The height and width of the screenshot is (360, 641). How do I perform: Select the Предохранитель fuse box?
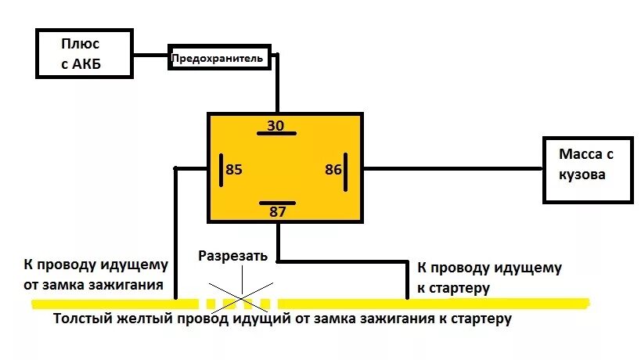(x=220, y=58)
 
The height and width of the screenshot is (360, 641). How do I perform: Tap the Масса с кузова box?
(x=588, y=169)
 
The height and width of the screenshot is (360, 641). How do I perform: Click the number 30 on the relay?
(x=276, y=124)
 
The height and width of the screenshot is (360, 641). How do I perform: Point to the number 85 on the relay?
(x=234, y=169)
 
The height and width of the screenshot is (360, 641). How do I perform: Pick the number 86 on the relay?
(x=333, y=169)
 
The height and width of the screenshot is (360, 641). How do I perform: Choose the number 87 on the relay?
(x=278, y=211)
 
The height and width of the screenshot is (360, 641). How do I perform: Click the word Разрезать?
(x=233, y=255)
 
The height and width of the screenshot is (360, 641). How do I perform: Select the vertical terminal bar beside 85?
(x=221, y=169)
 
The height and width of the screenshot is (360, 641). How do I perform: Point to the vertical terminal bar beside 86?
(x=345, y=169)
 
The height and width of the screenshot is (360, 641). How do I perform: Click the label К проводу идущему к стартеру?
(x=489, y=278)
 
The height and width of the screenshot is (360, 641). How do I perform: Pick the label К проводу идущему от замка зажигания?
(x=96, y=275)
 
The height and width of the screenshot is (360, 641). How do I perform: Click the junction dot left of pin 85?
(x=176, y=168)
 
